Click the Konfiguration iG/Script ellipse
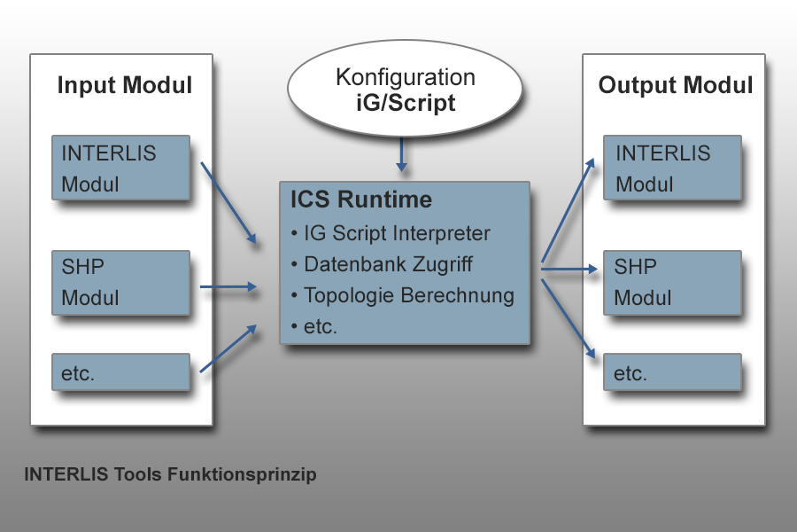click(405, 89)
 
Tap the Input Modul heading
click(125, 85)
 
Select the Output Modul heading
click(676, 85)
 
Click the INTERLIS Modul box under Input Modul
click(121, 168)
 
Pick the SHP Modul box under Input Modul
click(121, 283)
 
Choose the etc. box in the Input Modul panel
click(121, 372)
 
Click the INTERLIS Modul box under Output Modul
click(672, 168)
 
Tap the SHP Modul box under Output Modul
click(672, 283)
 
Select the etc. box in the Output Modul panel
click(672, 372)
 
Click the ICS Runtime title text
click(361, 199)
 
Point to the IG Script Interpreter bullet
click(391, 233)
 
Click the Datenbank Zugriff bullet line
click(382, 264)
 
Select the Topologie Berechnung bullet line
click(403, 296)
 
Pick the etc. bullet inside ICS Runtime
click(314, 327)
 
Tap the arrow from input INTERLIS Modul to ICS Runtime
click(228, 203)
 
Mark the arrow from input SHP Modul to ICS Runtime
click(228, 286)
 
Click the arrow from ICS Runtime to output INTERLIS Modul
click(568, 210)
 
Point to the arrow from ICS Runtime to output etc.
click(568, 318)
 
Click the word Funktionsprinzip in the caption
click(242, 474)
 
